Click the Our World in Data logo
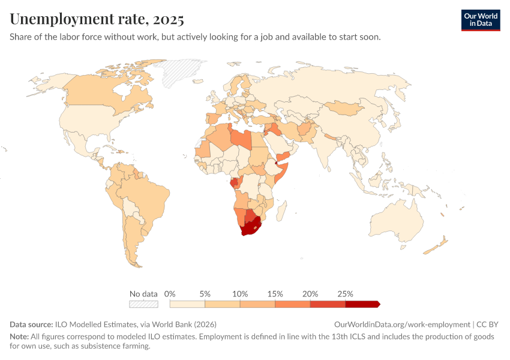point(481,20)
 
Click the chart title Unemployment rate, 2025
point(97,19)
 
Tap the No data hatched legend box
point(143,304)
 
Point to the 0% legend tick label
point(170,294)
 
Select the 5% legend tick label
point(205,294)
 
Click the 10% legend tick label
point(240,294)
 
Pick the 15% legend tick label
point(275,294)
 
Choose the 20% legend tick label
point(310,294)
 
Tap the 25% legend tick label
point(346,294)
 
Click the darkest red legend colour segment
point(362,304)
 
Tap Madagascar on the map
point(281,210)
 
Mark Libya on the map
point(241,137)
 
